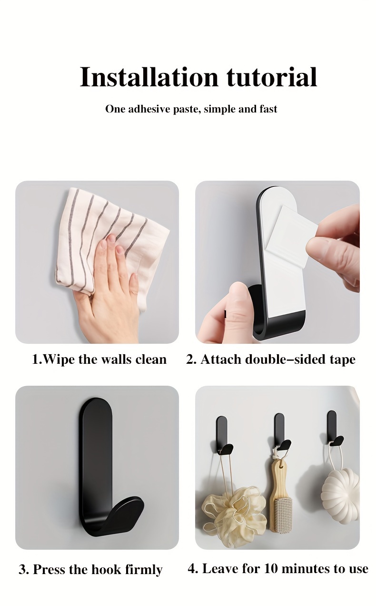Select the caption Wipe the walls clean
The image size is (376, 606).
point(99,359)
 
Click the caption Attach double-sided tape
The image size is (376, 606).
point(270,359)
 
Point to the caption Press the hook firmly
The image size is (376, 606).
point(90,569)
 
